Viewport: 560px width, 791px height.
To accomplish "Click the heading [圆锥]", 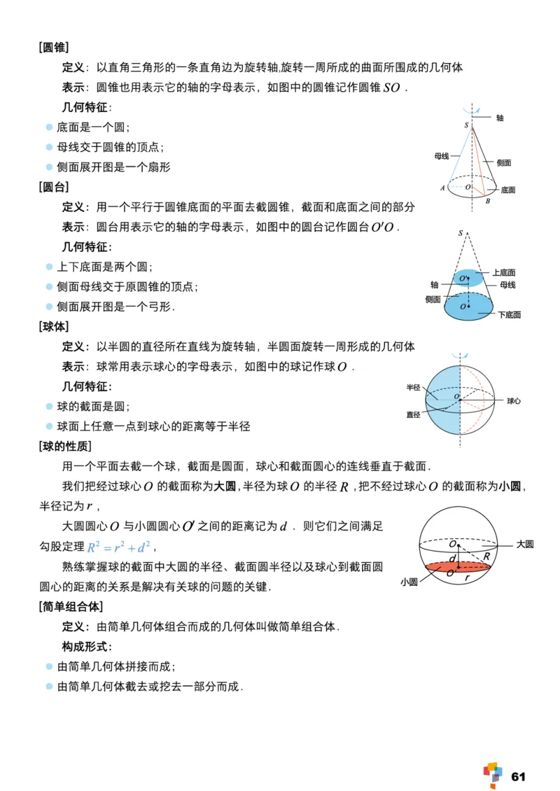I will pyautogui.click(x=54, y=48).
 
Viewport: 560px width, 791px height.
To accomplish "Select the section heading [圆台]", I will pyautogui.click(x=54, y=187).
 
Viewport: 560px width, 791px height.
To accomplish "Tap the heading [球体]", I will pyautogui.click(x=54, y=326).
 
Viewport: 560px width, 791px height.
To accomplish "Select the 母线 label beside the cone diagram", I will pyautogui.click(x=441, y=156).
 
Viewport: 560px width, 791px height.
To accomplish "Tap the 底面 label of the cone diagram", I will pyautogui.click(x=508, y=190).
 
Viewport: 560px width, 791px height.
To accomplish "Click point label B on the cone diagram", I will pyautogui.click(x=487, y=202).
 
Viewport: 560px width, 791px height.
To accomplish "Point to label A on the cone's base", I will pyautogui.click(x=442, y=188).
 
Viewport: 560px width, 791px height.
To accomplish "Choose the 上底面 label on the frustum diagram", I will pyautogui.click(x=503, y=272).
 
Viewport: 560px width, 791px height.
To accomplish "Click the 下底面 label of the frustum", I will pyautogui.click(x=510, y=315).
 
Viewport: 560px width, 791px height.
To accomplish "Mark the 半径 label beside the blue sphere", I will pyautogui.click(x=413, y=387).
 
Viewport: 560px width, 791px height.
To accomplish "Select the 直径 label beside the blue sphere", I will pyautogui.click(x=413, y=414).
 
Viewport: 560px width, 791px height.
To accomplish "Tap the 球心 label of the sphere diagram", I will pyautogui.click(x=514, y=401).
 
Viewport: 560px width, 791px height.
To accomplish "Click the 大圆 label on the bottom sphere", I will pyautogui.click(x=525, y=544).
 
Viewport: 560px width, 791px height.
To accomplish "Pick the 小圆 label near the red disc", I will pyautogui.click(x=409, y=581).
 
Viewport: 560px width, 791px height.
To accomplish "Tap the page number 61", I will pyautogui.click(x=519, y=776).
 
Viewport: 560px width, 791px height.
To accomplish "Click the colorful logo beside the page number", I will pyautogui.click(x=493, y=773).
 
